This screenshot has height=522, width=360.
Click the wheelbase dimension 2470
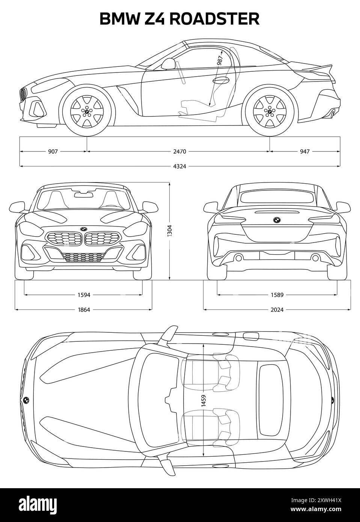[x=179, y=152]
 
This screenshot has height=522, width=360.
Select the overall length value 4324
[x=179, y=166]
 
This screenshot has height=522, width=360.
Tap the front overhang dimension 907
[x=53, y=152]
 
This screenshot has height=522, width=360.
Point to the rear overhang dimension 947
[x=304, y=152]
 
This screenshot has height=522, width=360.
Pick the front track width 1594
[x=84, y=295]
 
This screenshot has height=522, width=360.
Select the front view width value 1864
[x=84, y=310]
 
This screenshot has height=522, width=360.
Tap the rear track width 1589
[x=277, y=295]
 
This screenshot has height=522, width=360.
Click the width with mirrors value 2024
[x=277, y=310]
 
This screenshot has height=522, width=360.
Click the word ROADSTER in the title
[x=214, y=19]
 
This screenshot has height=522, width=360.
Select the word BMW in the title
[x=120, y=19]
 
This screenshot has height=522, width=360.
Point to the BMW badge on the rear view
[x=277, y=220]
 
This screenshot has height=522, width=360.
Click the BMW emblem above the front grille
[x=83, y=229]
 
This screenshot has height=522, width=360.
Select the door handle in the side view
[x=221, y=80]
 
